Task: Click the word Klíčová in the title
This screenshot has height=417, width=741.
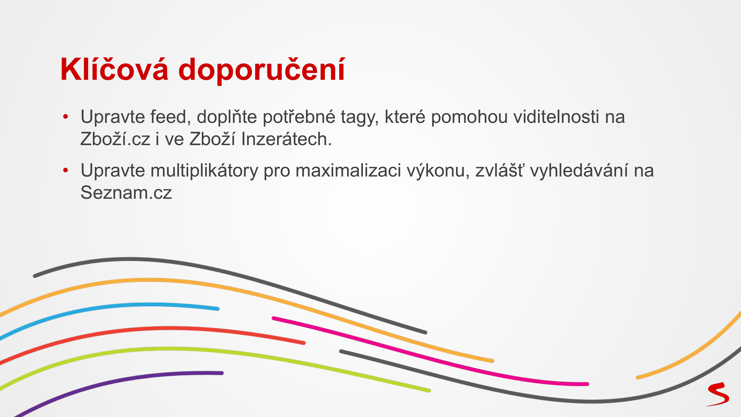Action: pyautogui.click(x=114, y=69)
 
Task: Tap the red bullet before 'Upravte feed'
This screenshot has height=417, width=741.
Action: pyautogui.click(x=66, y=116)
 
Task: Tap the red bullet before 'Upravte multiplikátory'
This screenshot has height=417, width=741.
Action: pyautogui.click(x=66, y=170)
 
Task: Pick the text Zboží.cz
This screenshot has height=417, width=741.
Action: pyautogui.click(x=115, y=139)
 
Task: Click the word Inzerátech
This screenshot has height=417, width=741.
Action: pyautogui.click(x=286, y=139)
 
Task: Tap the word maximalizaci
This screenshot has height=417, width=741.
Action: pyautogui.click(x=348, y=170)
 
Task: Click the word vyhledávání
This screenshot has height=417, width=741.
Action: pyautogui.click(x=579, y=171)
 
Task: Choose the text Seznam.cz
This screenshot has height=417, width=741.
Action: pyautogui.click(x=126, y=193)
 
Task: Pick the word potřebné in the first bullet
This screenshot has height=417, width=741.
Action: pyautogui.click(x=299, y=117)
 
